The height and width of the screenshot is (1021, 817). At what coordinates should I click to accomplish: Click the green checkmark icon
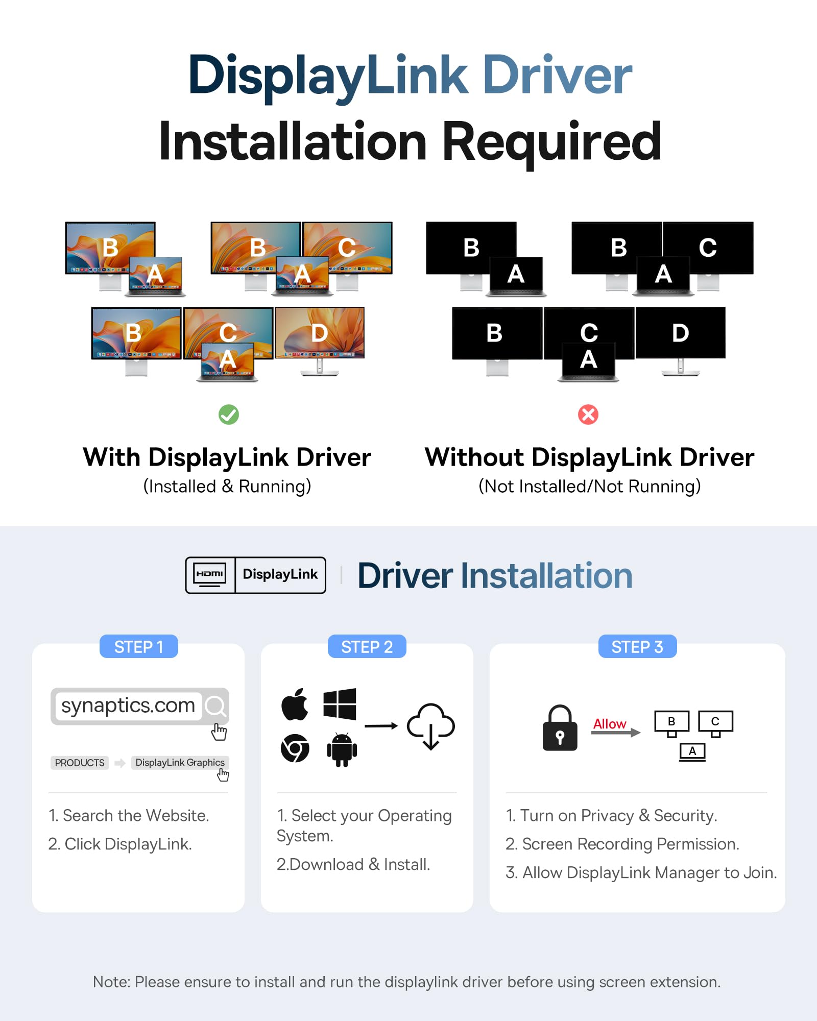tap(229, 415)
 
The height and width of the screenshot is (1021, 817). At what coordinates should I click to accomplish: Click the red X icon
tap(588, 415)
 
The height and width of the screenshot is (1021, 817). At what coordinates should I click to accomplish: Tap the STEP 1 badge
tap(138, 647)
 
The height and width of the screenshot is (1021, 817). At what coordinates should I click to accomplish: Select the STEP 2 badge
tap(367, 647)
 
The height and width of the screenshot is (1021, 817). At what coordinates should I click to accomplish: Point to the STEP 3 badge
tap(637, 647)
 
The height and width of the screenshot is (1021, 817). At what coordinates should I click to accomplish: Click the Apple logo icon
tap(295, 704)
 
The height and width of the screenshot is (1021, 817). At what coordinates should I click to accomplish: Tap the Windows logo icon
tap(340, 704)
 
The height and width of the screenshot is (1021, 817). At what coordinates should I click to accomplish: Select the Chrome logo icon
tap(295, 748)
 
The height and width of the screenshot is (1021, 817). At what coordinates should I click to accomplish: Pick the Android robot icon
tap(342, 749)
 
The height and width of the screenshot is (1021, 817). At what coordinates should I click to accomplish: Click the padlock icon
tap(560, 728)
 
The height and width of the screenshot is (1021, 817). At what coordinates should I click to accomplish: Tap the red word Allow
tap(610, 724)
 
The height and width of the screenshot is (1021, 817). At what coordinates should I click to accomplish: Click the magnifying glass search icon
tap(215, 706)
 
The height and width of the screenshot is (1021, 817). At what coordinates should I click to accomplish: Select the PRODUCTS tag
tap(80, 763)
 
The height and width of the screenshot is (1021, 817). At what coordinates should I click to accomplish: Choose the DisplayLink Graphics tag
tap(180, 762)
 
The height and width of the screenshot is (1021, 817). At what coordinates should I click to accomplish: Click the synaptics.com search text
tap(128, 706)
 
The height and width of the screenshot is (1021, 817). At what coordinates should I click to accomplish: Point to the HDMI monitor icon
tap(210, 575)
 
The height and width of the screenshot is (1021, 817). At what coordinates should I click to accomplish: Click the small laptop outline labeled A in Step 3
tap(692, 752)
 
